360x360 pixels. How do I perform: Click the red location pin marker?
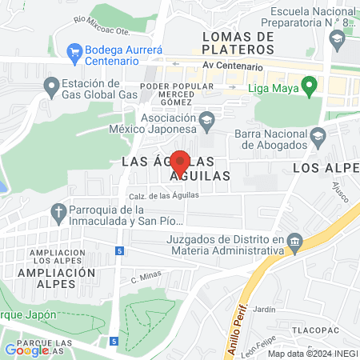[x=180, y=161]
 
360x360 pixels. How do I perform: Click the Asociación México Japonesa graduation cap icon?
[x=207, y=121]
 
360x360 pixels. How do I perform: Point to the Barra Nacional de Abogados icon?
[x=318, y=134]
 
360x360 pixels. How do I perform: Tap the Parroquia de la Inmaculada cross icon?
[x=57, y=212]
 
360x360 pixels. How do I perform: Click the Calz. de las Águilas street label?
[x=163, y=195]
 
